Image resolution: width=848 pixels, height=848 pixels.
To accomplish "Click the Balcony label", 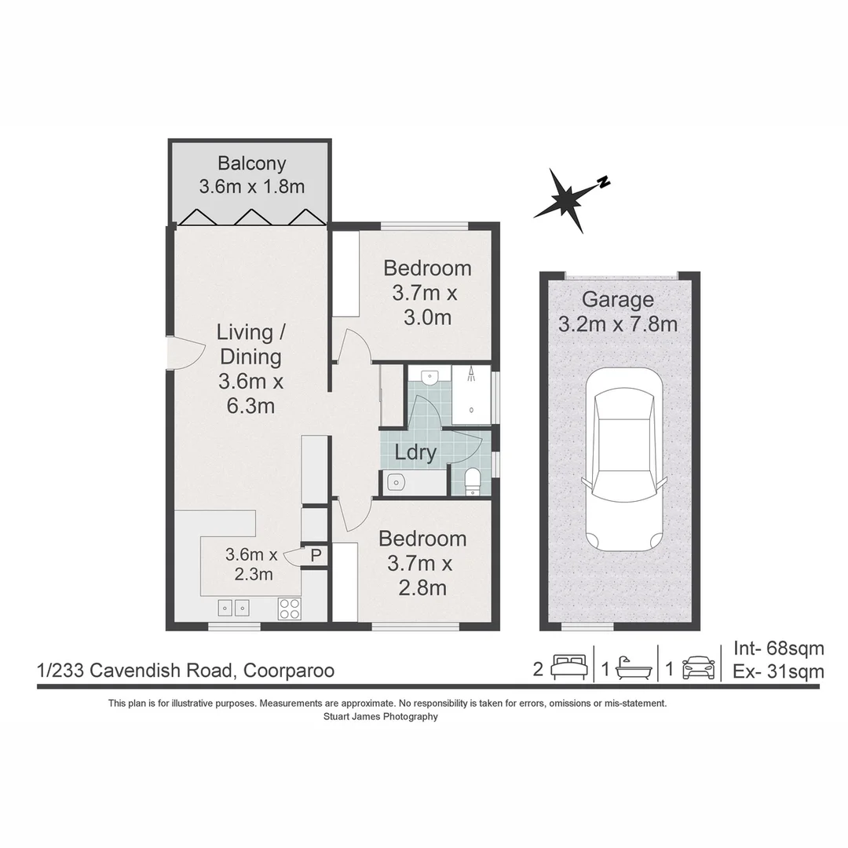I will point(251,164).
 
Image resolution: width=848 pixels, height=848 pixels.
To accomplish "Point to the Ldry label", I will point(415,453).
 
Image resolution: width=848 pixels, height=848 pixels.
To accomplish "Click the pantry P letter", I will point(316,555).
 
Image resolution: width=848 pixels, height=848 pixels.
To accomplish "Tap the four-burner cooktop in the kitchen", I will point(288,608).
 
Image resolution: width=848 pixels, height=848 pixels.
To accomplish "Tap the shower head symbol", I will point(471,375).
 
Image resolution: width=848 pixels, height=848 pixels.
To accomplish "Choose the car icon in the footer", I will point(698,668).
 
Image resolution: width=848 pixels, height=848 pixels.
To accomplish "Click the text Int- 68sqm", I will point(778,648).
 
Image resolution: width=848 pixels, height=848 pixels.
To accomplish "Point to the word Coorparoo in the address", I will point(289,671).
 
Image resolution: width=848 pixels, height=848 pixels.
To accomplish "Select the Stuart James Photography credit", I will point(380,716).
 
